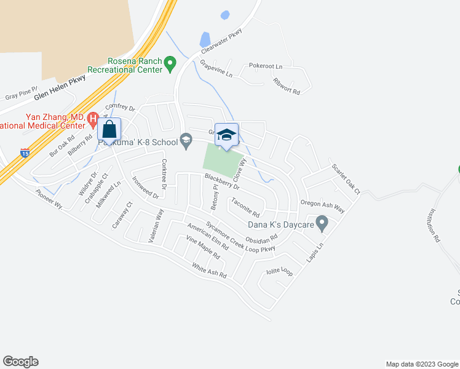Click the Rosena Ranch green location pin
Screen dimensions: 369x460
pos(172,63)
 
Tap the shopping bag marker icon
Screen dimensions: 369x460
pos(109,130)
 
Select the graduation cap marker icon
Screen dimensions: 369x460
pos(226,135)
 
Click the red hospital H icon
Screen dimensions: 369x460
pos(93,117)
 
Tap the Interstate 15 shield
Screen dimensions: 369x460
pos(24,153)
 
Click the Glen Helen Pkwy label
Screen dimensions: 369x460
pos(60,87)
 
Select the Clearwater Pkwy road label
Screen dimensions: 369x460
pos(218,45)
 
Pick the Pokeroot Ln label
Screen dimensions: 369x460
pos(265,66)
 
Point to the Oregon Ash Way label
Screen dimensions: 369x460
pos(322,206)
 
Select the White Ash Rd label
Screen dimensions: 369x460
pos(209,271)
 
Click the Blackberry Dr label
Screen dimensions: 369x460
pos(222,181)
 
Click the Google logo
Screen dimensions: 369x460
pos(20,362)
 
